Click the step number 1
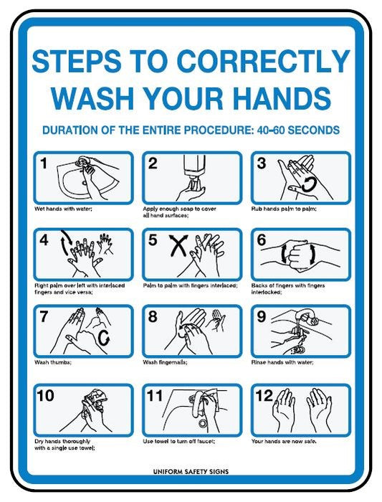[x=44, y=164]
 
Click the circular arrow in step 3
[x=309, y=184]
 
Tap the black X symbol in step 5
[x=178, y=245]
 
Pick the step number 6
[x=262, y=240]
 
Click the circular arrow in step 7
[x=104, y=338]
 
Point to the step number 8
[x=153, y=317]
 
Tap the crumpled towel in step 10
[x=96, y=399]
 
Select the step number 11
[x=155, y=396]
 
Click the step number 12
[x=264, y=396]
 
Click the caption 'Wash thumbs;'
[x=53, y=362]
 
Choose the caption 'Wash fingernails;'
[x=165, y=362]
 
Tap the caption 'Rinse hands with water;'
[x=282, y=362]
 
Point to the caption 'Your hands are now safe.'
[x=284, y=441]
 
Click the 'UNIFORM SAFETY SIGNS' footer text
[x=191, y=472]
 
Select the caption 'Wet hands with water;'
[x=63, y=209]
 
